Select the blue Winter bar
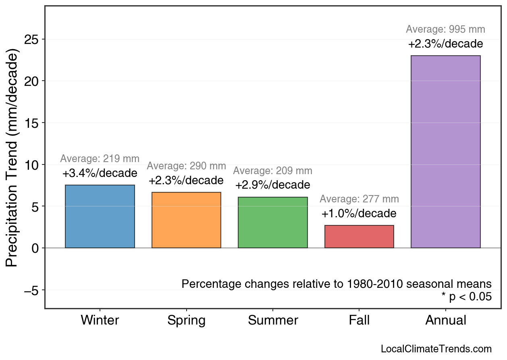100,216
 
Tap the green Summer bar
272,223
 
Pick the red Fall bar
359,237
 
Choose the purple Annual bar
445,152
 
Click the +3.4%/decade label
100,173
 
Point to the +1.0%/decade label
359,214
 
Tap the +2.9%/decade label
272,185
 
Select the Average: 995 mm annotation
445,29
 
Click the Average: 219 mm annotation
100,159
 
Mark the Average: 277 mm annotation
359,199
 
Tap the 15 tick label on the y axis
32,123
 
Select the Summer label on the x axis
273,320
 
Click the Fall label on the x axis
359,320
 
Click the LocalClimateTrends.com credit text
436,349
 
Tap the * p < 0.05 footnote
466,297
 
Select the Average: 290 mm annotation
186,166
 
